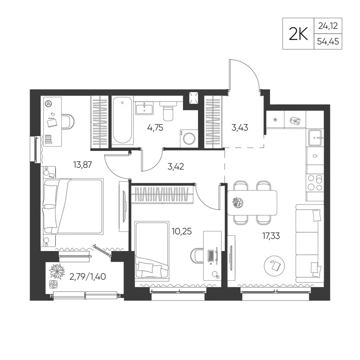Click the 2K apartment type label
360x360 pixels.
(x=298, y=34)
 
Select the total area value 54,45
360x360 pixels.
(x=328, y=41)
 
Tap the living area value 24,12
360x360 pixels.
(x=328, y=26)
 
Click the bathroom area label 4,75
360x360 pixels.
(x=155, y=128)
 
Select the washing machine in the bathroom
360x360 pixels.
(x=189, y=138)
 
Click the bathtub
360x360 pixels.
(x=123, y=120)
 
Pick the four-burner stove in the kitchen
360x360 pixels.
(x=315, y=183)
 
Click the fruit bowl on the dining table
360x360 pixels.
(x=237, y=203)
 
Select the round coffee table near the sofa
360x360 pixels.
(x=274, y=266)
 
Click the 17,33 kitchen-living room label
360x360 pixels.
(x=271, y=236)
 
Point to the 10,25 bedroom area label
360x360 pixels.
(x=181, y=231)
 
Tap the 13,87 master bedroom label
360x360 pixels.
(x=82, y=165)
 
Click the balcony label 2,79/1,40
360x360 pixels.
(x=87, y=276)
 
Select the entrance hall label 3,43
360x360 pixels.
(x=240, y=128)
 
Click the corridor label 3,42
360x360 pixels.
(x=176, y=167)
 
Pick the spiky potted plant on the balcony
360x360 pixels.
(x=56, y=271)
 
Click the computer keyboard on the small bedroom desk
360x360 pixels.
(x=211, y=256)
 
